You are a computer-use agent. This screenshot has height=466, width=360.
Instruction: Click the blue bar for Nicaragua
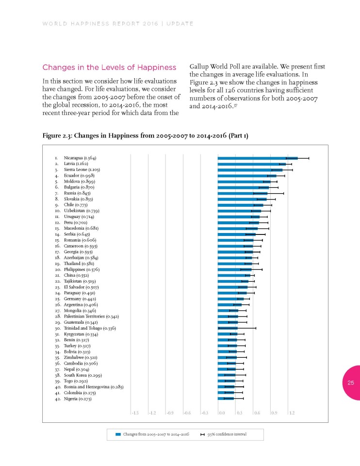point(257,158)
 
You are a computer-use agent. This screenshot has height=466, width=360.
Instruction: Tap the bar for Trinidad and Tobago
point(228,329)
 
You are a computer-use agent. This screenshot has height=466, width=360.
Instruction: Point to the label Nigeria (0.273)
point(78,399)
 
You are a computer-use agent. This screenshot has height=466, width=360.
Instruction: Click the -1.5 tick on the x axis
point(135,413)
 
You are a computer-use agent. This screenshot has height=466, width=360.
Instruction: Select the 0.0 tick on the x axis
point(222,413)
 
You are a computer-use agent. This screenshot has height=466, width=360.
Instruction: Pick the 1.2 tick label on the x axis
point(292,413)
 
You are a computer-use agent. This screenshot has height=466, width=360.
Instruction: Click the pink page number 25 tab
point(352,383)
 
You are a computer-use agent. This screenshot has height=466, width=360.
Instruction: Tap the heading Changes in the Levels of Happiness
point(109,67)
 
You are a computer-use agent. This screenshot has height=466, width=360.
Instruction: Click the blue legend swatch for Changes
point(118,434)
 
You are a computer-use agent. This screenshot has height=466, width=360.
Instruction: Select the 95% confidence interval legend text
point(227,434)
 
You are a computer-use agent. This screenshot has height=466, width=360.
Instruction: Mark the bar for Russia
point(242,193)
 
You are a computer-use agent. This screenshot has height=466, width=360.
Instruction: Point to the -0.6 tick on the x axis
point(187,413)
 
